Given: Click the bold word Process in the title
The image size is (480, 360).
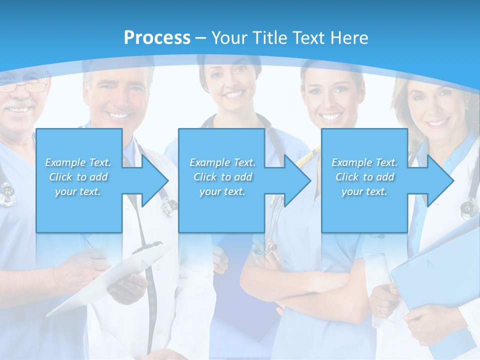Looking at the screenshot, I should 157,38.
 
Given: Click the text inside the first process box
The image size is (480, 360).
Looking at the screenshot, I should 78,177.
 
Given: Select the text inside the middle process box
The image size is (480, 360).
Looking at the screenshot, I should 222,177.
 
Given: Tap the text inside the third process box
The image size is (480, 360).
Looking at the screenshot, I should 364,177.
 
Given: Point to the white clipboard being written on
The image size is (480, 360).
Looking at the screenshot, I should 110,280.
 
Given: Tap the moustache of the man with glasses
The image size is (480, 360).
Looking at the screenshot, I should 20,105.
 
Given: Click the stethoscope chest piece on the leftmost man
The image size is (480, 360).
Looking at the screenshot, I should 7,195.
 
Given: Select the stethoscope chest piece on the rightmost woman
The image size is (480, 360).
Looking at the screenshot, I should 469,206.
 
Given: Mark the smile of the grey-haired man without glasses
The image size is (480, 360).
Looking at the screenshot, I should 119,115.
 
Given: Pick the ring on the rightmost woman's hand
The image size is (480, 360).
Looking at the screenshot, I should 379,310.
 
